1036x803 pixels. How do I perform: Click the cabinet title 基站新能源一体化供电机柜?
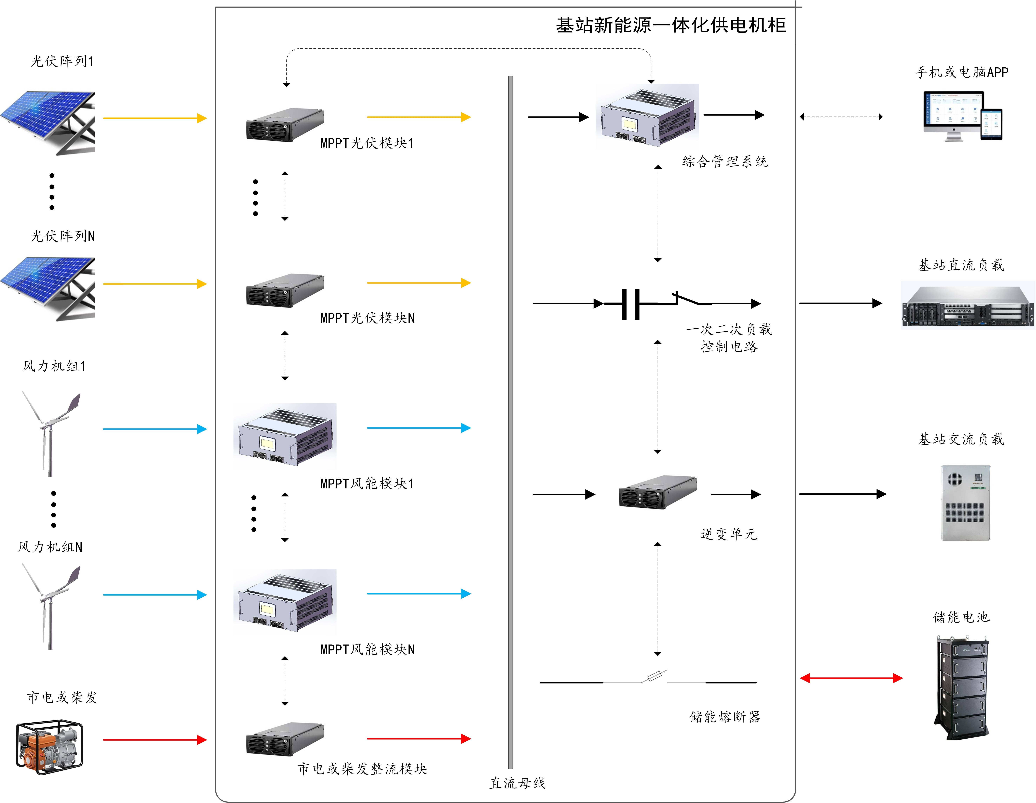(x=671, y=25)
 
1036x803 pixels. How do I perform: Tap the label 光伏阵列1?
(x=63, y=61)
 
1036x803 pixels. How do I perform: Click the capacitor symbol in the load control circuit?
(x=630, y=304)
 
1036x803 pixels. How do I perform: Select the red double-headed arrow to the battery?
(x=851, y=678)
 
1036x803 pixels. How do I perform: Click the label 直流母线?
(x=518, y=783)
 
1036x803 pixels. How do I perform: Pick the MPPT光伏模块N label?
(x=368, y=318)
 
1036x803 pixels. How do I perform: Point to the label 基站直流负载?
(x=962, y=265)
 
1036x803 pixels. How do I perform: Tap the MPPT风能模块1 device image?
(x=285, y=436)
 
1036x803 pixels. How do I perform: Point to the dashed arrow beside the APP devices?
(x=841, y=117)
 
